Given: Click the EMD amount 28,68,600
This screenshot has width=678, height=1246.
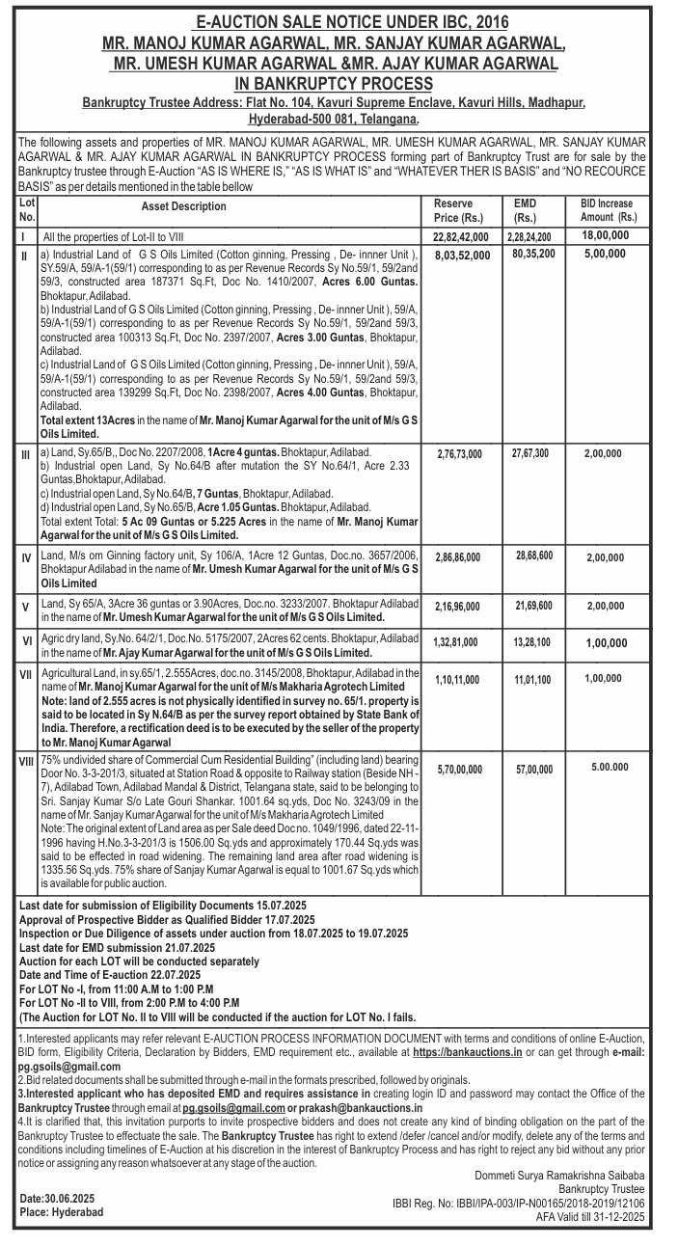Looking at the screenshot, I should click(x=533, y=556).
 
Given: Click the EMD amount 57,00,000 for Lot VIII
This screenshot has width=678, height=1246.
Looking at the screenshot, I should click(x=533, y=770).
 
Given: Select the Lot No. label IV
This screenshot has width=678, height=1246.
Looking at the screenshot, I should click(x=26, y=558).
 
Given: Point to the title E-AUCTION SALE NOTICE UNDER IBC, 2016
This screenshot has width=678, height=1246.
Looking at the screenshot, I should click(x=339, y=21).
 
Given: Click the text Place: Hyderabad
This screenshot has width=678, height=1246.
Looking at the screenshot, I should click(x=61, y=1212).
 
